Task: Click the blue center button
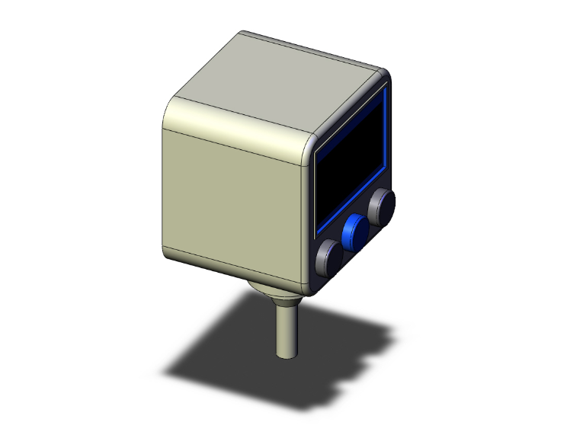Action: [355, 230]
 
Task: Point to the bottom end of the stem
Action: [287, 356]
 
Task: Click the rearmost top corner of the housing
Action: [242, 34]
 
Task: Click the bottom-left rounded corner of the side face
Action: [168, 251]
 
